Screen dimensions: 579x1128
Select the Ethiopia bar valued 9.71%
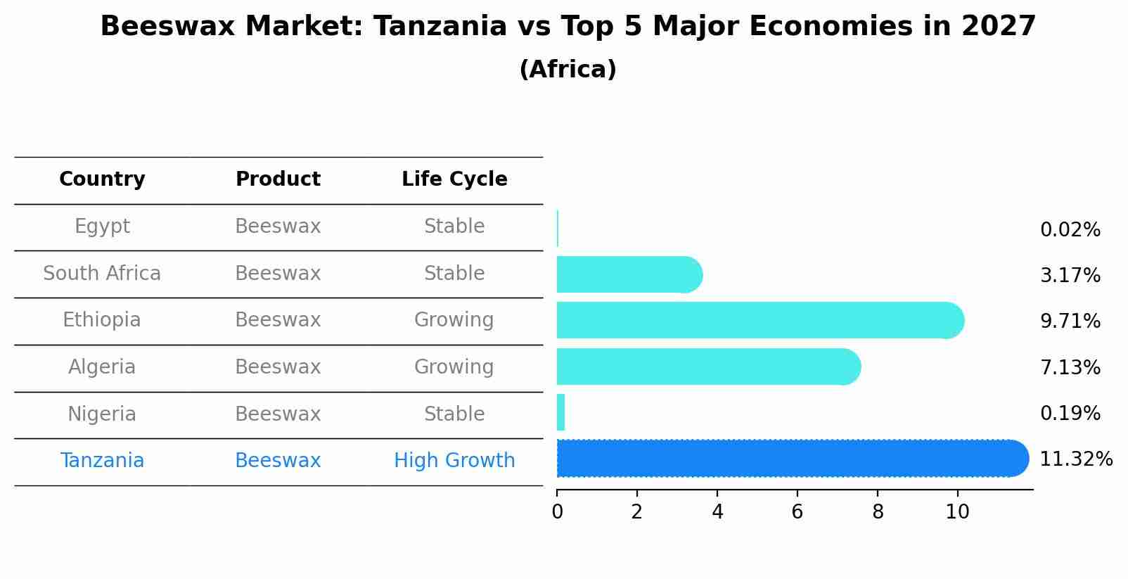(x=760, y=321)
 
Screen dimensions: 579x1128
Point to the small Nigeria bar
(x=560, y=413)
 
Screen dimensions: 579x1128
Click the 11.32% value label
(x=1075, y=459)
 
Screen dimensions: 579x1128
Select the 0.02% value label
(x=1070, y=230)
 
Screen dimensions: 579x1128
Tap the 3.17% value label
(x=1070, y=276)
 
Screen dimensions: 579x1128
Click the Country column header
(x=102, y=179)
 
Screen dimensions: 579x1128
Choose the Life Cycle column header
(x=454, y=179)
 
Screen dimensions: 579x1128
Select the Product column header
(x=278, y=179)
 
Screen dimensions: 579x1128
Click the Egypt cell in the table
(x=102, y=227)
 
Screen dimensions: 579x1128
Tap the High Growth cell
(x=454, y=461)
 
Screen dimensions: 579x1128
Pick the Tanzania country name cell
(x=102, y=461)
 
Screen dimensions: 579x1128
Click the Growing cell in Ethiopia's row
(x=454, y=320)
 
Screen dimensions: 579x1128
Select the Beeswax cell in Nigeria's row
(x=278, y=414)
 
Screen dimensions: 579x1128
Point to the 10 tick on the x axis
(x=957, y=511)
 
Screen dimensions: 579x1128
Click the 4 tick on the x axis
(x=717, y=511)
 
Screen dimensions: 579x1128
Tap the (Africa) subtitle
(x=568, y=70)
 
